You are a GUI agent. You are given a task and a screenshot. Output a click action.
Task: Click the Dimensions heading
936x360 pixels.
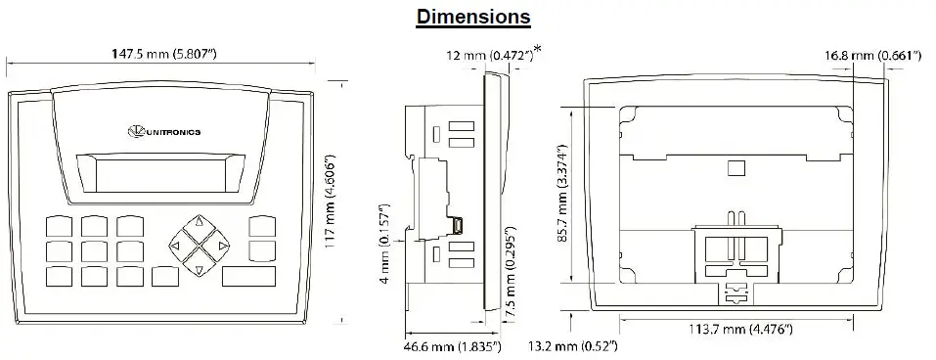[473, 16]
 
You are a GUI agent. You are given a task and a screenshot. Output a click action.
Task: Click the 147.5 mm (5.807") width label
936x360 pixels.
[164, 54]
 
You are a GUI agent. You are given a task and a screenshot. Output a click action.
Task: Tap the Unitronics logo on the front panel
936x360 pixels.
[164, 131]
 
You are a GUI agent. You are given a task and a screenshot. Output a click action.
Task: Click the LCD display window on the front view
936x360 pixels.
[160, 173]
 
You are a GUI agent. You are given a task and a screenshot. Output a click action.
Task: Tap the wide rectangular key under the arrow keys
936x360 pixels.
[249, 277]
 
